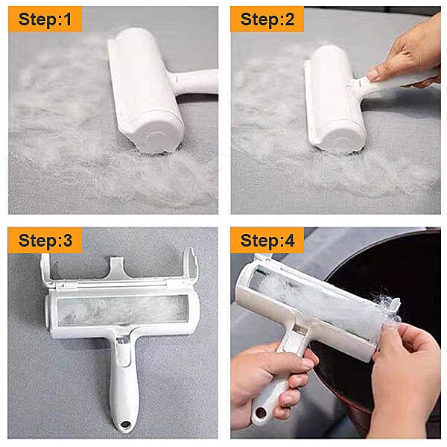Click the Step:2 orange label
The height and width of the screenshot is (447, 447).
(x=267, y=19)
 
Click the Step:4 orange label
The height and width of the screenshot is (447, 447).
(x=267, y=240)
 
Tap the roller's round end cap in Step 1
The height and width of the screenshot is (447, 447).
(x=156, y=138)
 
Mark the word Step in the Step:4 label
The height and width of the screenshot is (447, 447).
(x=257, y=240)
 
